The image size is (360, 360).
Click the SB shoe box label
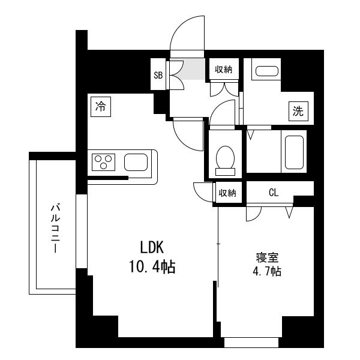tap(158, 75)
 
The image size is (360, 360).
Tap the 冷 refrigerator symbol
tap(101, 107)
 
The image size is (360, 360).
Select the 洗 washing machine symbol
tap(298, 112)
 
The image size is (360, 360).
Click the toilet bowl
tap(225, 160)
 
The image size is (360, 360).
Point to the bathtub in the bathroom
tap(294, 152)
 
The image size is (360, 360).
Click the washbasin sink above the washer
tap(267, 71)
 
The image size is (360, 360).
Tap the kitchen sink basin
tap(136, 162)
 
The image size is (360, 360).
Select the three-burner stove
tap(103, 162)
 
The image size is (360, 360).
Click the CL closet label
tap(274, 193)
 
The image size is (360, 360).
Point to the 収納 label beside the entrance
tap(224, 69)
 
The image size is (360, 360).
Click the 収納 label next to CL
tap(227, 193)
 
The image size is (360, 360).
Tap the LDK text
tap(152, 247)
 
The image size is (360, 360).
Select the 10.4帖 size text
tap(152, 266)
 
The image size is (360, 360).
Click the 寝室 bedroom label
tap(267, 257)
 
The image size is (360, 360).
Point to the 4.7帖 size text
tap(267, 271)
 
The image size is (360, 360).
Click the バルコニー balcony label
tap(55, 228)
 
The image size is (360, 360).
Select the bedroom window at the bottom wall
tap(251, 343)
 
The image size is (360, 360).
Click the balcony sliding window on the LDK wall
tap(82, 231)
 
